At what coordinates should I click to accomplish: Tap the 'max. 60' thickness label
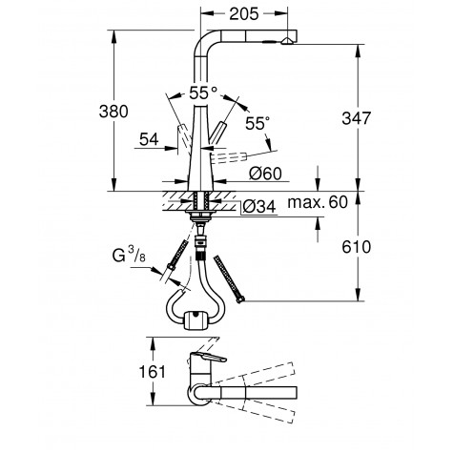326,201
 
